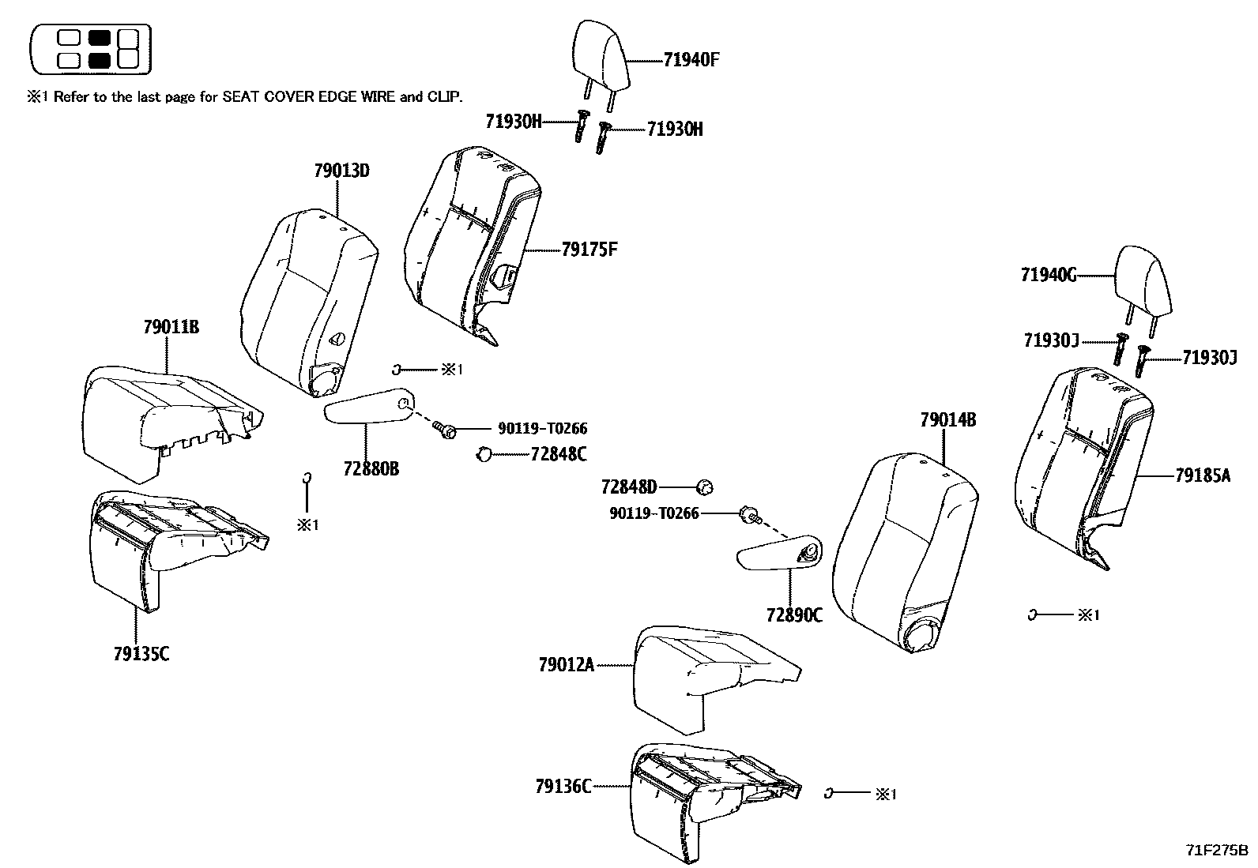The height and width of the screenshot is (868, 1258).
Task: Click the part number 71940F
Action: point(691,60)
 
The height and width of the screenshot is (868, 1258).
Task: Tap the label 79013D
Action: point(341,171)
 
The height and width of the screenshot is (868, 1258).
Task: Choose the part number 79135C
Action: point(141,653)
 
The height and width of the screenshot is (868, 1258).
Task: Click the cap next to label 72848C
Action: point(484,454)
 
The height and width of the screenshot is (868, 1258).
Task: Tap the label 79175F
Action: point(589,250)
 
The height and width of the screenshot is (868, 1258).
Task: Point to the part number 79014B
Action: point(947,420)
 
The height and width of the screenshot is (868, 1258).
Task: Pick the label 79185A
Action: point(1202,475)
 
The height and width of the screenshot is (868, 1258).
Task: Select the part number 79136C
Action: point(563,787)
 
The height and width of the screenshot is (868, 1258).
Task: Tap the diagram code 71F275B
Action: point(1215,851)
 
